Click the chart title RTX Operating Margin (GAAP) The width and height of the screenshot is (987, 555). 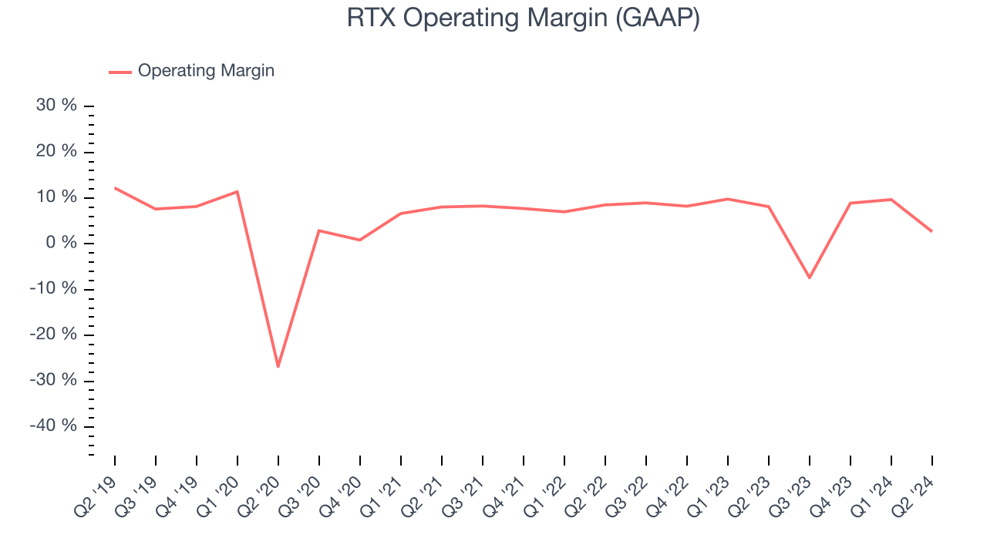pyautogui.click(x=523, y=18)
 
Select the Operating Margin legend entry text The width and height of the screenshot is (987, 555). pyautogui.click(x=206, y=71)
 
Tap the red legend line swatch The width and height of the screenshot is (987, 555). pyautogui.click(x=120, y=72)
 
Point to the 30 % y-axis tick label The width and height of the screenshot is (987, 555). pyautogui.click(x=57, y=106)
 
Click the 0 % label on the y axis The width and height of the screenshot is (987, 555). pyautogui.click(x=61, y=243)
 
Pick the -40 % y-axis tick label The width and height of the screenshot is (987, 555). pyautogui.click(x=53, y=425)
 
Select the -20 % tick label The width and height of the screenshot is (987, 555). pyautogui.click(x=53, y=335)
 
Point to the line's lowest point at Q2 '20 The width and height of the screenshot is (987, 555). pyautogui.click(x=278, y=366)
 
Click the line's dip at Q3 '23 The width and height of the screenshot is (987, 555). pyautogui.click(x=810, y=277)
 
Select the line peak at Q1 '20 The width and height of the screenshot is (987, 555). pyautogui.click(x=237, y=191)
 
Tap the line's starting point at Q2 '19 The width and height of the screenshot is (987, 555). pyautogui.click(x=115, y=188)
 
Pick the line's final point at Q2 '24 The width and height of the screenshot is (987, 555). pyautogui.click(x=931, y=231)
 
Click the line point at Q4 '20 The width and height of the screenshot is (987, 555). pyautogui.click(x=359, y=240)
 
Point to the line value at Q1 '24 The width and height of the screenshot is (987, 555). pyautogui.click(x=891, y=200)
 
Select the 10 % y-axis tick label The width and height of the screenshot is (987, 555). pyautogui.click(x=57, y=197)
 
